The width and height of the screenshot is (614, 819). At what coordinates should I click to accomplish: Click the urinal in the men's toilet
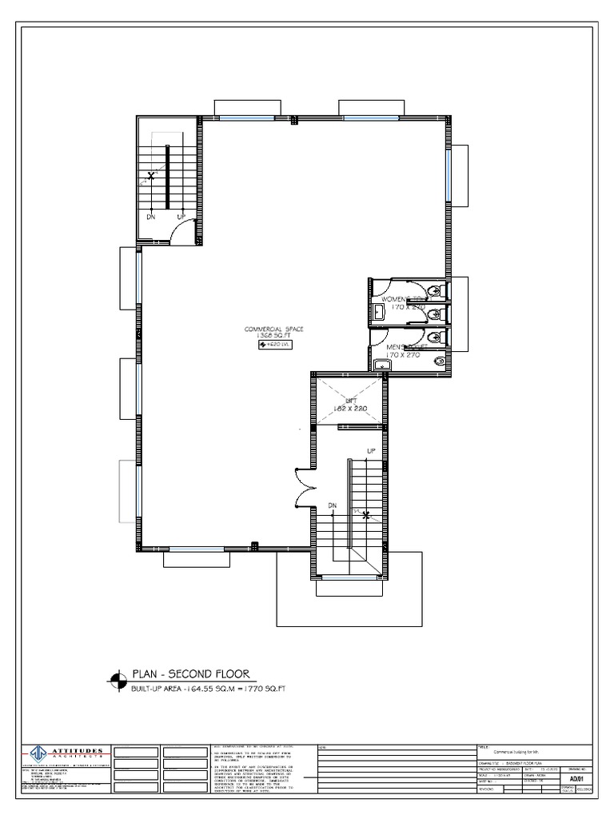click(x=437, y=362)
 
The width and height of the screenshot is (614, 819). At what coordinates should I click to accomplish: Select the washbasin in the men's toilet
click(x=383, y=366)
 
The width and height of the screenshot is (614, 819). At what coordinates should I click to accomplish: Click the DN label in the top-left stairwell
click(x=150, y=217)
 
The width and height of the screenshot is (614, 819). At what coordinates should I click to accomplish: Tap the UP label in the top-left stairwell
click(x=181, y=217)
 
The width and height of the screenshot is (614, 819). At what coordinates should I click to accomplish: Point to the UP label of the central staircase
click(x=371, y=452)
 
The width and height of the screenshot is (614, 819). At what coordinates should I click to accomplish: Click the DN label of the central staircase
click(x=332, y=505)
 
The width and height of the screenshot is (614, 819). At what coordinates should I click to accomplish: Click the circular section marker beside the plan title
click(x=118, y=681)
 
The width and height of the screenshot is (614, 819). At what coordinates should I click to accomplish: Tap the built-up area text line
click(x=210, y=689)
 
